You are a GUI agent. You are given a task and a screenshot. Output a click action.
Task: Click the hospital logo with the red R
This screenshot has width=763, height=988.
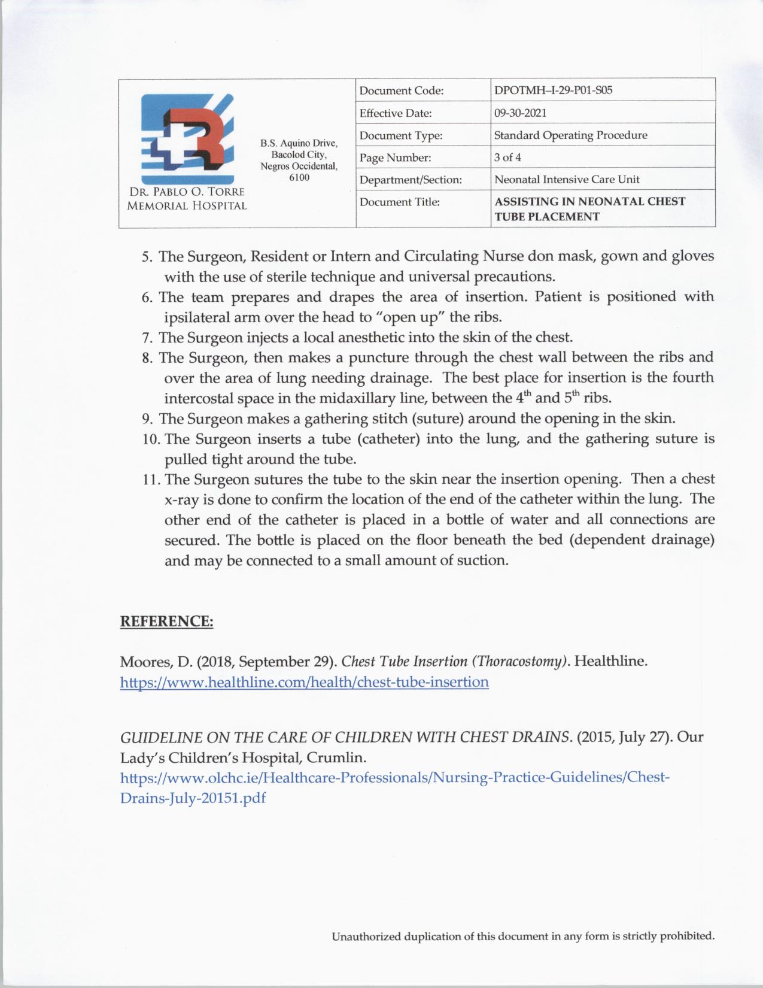(187, 138)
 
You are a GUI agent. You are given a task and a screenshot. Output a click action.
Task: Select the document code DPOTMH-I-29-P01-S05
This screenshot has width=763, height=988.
(553, 90)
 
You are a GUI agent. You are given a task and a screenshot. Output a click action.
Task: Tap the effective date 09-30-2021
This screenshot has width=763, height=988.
(520, 113)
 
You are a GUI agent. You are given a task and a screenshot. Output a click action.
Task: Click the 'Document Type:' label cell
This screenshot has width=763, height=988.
(401, 135)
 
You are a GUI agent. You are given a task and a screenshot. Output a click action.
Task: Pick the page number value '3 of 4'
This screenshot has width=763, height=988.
(507, 157)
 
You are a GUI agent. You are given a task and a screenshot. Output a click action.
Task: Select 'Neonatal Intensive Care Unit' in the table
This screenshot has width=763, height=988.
(567, 179)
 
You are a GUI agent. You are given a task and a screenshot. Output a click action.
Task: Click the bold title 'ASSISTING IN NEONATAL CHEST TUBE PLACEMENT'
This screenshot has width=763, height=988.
(589, 208)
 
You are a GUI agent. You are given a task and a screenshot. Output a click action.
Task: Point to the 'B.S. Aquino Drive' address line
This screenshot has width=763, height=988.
(299, 143)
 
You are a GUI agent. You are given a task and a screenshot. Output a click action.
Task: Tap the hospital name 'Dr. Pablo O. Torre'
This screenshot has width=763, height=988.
(187, 192)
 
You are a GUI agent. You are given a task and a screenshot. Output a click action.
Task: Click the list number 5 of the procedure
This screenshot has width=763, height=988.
(147, 257)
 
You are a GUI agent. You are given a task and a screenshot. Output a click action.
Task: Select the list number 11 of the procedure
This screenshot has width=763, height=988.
(151, 480)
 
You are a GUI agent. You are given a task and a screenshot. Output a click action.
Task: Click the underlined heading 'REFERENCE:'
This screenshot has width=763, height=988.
(166, 621)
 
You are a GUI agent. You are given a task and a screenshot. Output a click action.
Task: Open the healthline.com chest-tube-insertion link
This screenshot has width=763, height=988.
(304, 682)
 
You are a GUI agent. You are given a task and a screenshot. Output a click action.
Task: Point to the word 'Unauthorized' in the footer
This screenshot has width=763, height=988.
(366, 936)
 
